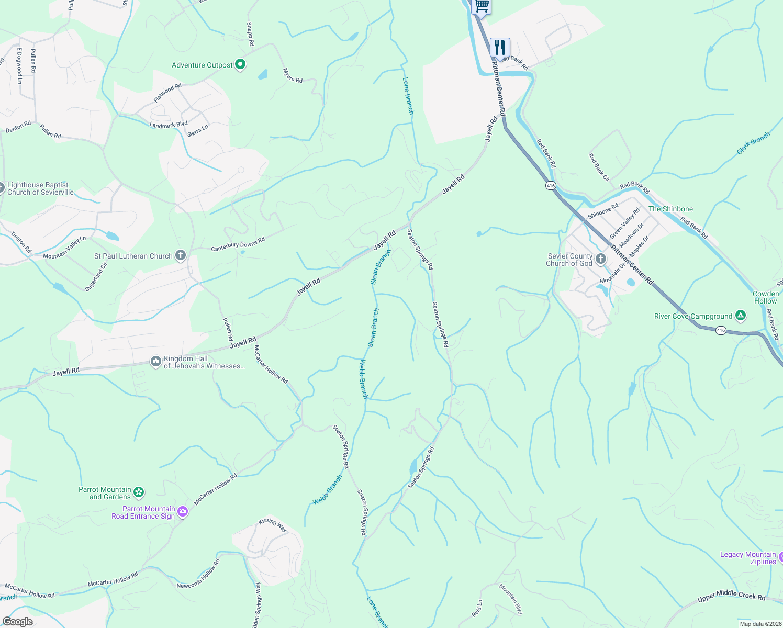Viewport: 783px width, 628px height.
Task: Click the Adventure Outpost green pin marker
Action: (x=240, y=64)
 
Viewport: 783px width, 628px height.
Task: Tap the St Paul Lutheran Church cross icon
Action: (x=181, y=255)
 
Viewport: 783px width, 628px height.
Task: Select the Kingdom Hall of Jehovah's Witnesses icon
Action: (x=155, y=362)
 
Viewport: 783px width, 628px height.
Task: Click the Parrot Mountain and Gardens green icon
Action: (x=139, y=492)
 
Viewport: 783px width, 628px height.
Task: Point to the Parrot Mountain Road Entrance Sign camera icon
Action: (x=183, y=512)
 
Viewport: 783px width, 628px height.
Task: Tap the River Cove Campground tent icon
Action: (x=740, y=316)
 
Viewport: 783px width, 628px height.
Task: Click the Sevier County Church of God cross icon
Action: (x=601, y=259)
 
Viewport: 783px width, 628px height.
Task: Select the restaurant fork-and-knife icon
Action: (x=500, y=47)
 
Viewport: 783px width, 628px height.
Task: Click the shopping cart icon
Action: (x=482, y=6)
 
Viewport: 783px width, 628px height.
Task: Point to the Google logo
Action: (x=17, y=622)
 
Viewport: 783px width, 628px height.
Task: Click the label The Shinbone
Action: (x=670, y=209)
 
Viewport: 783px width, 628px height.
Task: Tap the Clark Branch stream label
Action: (x=753, y=143)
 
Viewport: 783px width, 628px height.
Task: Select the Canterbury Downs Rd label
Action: (x=238, y=244)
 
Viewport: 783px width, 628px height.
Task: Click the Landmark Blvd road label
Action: (x=169, y=125)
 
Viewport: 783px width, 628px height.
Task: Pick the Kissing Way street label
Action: (x=273, y=524)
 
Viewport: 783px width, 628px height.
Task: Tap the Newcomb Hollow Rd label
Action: (x=198, y=574)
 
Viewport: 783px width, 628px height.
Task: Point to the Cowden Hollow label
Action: (x=765, y=297)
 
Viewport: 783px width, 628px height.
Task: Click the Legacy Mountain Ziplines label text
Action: (x=748, y=558)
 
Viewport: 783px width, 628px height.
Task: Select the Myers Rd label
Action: (x=293, y=75)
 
